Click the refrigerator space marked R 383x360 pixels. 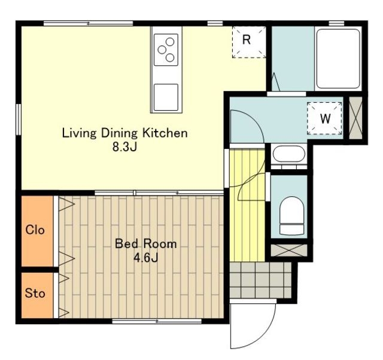coord(249,42)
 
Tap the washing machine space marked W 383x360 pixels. coord(324,118)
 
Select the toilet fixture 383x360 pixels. coord(291,215)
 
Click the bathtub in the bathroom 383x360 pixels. coord(338,59)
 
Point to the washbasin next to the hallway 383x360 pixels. coord(289,155)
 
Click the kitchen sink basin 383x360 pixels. coord(166,97)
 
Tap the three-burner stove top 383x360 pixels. coord(166,50)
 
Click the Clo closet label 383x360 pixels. coord(35,230)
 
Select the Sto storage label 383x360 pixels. coord(35,293)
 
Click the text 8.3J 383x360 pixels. coord(124,147)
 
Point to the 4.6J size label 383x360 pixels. coord(146,258)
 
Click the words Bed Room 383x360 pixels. coord(146,243)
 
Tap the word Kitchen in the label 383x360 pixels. coord(165,133)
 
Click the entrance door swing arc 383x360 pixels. coord(266,334)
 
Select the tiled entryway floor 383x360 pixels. coord(261,280)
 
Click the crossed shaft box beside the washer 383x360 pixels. coord(355,118)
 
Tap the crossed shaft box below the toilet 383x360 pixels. coord(289,250)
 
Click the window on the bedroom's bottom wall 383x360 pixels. coord(157,321)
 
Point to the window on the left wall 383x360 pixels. coord(19,120)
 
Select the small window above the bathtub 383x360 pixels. coord(336,23)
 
